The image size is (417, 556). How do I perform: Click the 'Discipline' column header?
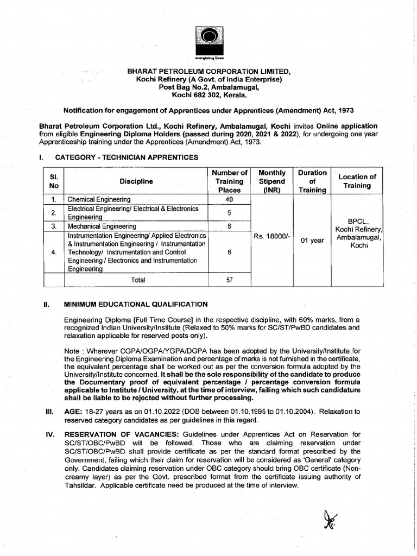coord(136,181)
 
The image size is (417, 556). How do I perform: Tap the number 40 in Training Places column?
coord(229,199)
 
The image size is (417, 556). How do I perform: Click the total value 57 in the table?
coord(229,280)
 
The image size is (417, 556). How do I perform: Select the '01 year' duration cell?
coord(312,241)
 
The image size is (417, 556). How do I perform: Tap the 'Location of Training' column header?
coord(357,181)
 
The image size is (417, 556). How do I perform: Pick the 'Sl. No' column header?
coord(54,181)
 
